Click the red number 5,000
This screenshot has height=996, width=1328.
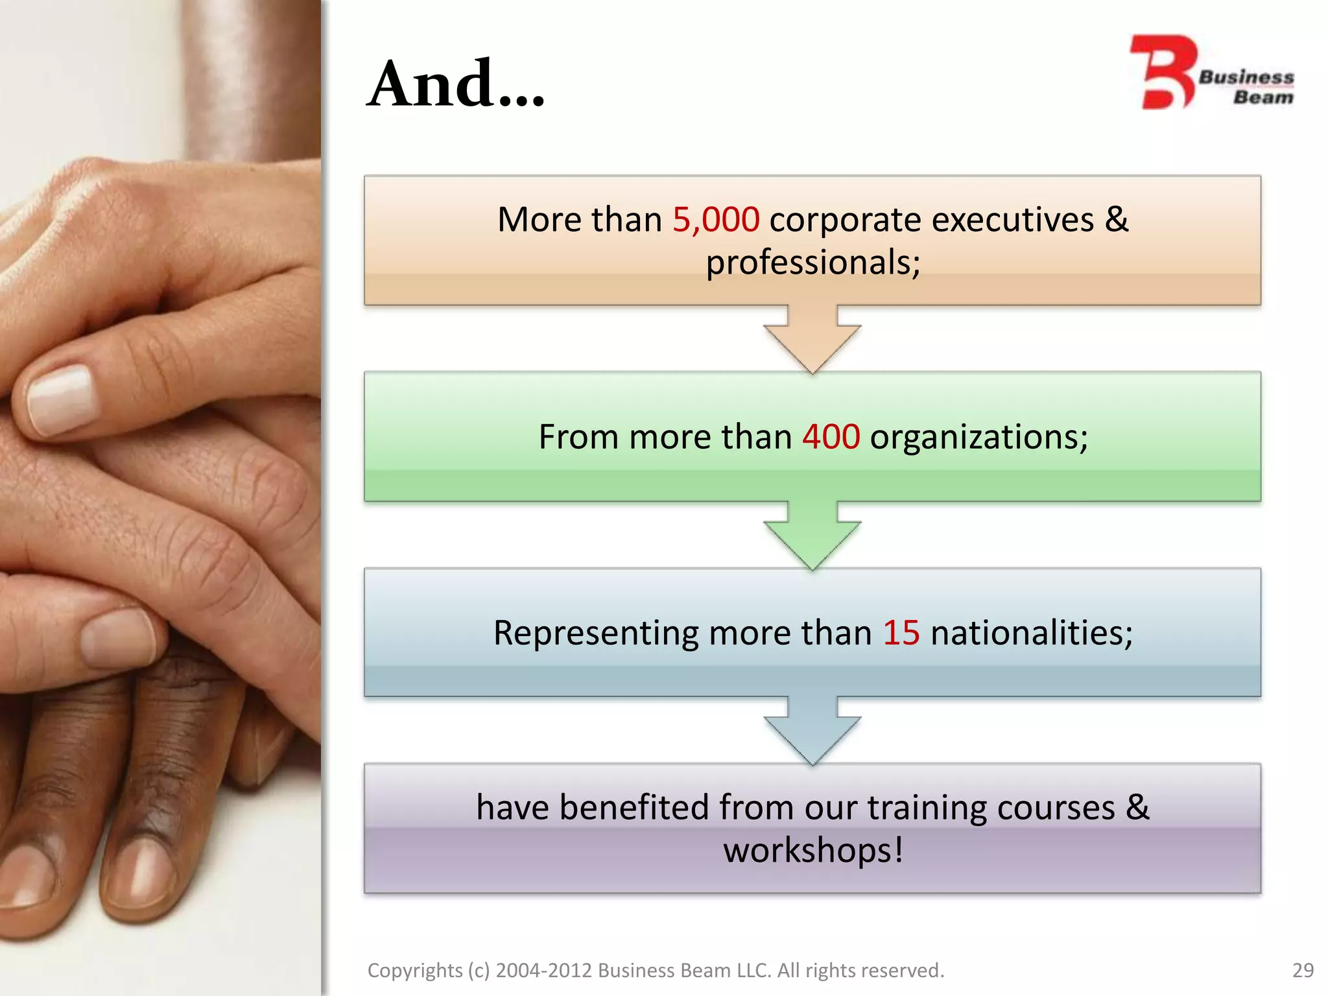(x=716, y=220)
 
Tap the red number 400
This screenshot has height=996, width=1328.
(x=831, y=436)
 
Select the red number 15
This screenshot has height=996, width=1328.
(x=901, y=633)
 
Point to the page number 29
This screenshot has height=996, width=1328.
(x=1303, y=970)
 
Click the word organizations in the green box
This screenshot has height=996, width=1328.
(x=978, y=437)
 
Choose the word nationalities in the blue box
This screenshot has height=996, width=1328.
(x=1031, y=633)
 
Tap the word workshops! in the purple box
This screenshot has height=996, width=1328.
(x=813, y=850)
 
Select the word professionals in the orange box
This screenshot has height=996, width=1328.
(x=812, y=263)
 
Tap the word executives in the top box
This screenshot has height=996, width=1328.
(x=1012, y=220)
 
